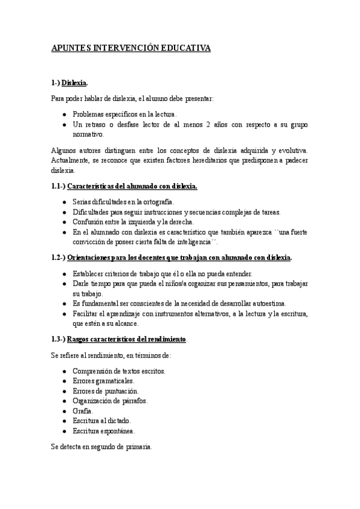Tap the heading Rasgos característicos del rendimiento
coord(119,339)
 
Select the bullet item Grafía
coord(83,411)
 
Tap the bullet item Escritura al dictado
coord(101,421)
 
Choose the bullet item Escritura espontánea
coord(104,431)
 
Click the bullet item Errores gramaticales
coord(103,381)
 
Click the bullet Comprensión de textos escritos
coord(119,371)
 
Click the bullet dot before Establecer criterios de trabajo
coord(64,274)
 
